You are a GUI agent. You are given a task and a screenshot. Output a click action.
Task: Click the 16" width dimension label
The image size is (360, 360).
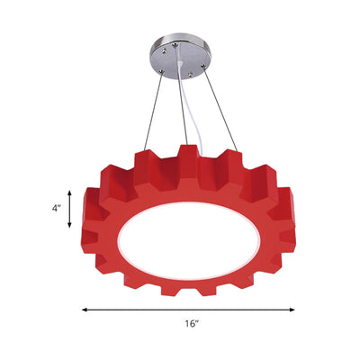[x=192, y=324]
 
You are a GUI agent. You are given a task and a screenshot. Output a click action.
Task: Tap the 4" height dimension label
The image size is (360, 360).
[x=57, y=208]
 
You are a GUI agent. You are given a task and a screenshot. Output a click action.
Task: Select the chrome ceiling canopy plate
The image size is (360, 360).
[x=180, y=55]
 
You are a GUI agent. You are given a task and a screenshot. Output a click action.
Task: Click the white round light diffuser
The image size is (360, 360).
[x=188, y=241]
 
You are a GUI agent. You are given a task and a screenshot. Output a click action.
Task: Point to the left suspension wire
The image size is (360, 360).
[x=153, y=112]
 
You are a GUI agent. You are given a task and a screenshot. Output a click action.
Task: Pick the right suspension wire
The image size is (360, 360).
[x=220, y=110]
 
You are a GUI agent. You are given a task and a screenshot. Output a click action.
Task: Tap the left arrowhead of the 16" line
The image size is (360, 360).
[x=85, y=310]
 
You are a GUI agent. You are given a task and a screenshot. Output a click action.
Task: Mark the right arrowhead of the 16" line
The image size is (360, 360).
[x=292, y=310]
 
